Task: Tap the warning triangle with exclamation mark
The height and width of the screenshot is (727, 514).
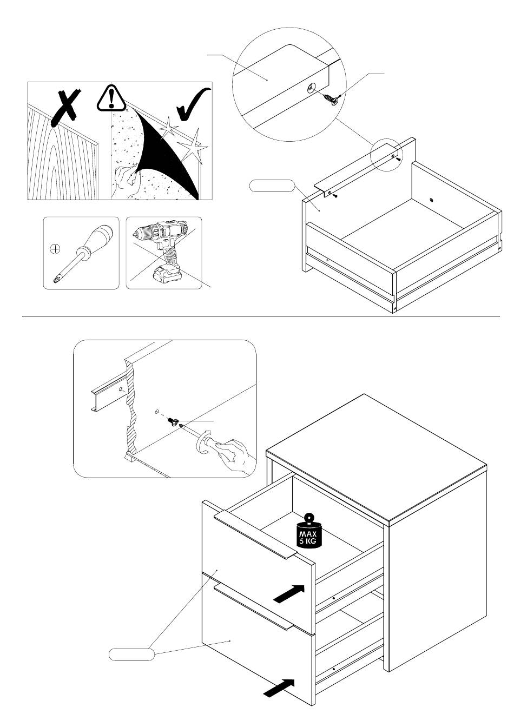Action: click(x=111, y=98)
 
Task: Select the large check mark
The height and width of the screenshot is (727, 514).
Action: click(x=193, y=104)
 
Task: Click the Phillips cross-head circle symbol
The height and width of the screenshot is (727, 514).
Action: click(x=56, y=249)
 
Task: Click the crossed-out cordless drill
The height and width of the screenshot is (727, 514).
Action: click(x=161, y=249)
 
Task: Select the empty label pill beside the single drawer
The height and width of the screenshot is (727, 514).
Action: click(x=272, y=186)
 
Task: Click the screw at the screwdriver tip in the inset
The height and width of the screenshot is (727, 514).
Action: click(x=172, y=421)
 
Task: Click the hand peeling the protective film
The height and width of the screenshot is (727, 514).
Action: click(x=127, y=180)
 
